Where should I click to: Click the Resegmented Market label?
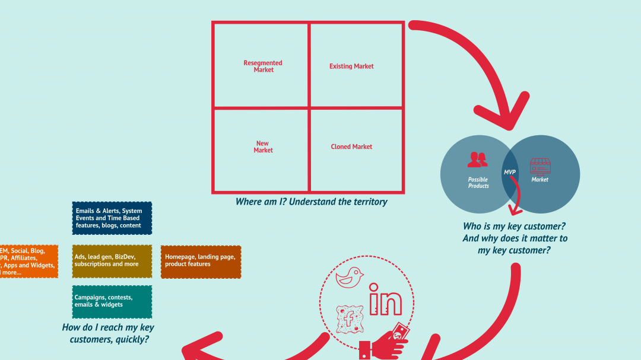click(x=263, y=66)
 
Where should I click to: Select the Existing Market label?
click(x=351, y=66)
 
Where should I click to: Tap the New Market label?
click(x=263, y=147)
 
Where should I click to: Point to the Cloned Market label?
click(x=351, y=147)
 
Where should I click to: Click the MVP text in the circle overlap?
click(x=509, y=172)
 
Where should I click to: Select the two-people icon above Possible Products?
click(x=477, y=160)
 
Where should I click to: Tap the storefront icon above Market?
click(x=540, y=165)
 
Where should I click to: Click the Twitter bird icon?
click(x=350, y=277)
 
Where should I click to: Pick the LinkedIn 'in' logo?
click(x=385, y=300)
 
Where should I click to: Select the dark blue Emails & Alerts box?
click(x=112, y=218)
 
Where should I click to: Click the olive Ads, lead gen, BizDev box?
click(x=112, y=261)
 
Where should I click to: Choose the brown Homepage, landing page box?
click(x=201, y=261)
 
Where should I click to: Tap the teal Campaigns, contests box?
click(x=112, y=301)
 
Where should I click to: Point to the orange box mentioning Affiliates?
click(x=27, y=262)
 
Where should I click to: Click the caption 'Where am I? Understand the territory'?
click(x=311, y=202)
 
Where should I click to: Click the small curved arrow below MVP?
click(x=515, y=199)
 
